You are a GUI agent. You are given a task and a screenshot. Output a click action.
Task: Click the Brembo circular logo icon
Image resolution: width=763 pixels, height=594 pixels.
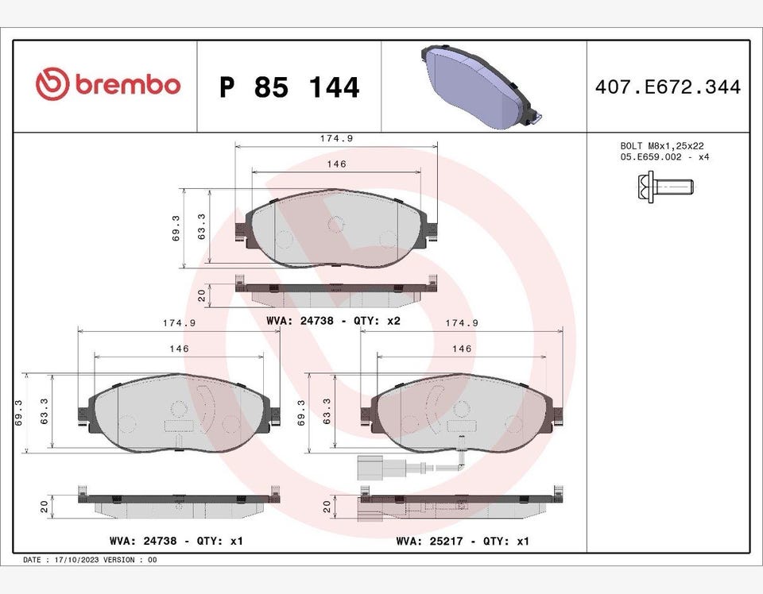tap(52, 83)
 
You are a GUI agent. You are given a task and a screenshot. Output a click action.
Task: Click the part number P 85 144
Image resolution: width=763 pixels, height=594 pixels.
tap(289, 87)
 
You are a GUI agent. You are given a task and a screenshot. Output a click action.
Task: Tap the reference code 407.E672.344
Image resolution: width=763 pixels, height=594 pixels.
tap(668, 87)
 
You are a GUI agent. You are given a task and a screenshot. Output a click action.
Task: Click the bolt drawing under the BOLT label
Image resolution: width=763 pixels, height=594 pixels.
tap(665, 187)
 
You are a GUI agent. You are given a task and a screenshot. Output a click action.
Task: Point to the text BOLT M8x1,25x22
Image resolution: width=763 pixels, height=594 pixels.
tap(662, 146)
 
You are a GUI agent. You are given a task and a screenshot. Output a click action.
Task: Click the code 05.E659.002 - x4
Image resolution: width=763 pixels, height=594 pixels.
tap(664, 157)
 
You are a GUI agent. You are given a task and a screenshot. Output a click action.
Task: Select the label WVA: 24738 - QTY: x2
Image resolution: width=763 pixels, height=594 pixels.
tap(333, 321)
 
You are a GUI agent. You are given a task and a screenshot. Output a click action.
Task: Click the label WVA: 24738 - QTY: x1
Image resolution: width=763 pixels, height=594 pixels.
tap(176, 541)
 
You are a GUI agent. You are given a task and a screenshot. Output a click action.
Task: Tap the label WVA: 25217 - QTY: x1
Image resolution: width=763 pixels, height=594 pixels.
tap(463, 541)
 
